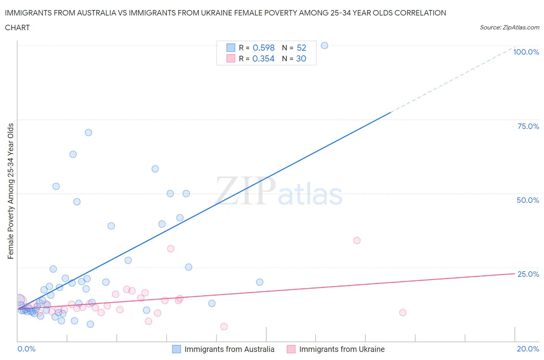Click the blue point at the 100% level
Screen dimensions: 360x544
[325, 45]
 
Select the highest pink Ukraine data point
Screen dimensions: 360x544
[357, 240]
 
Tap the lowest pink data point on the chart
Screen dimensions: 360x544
[224, 327]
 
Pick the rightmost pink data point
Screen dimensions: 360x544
[403, 312]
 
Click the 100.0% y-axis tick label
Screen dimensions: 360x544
[526, 52]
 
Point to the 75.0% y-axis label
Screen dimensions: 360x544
[528, 126]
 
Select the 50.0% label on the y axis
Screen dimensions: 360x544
[528, 200]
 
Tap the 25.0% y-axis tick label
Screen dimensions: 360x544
[528, 274]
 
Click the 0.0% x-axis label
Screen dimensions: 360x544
[27, 349]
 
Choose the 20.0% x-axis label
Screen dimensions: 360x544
[528, 349]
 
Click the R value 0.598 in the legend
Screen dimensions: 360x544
[263, 48]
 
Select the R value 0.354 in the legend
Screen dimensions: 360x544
[263, 58]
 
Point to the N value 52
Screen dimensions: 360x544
[301, 48]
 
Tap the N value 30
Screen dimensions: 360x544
[301, 58]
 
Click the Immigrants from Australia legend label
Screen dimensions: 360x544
[229, 349]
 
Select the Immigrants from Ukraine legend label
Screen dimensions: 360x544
[342, 349]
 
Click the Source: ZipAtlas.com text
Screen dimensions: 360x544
[509, 27]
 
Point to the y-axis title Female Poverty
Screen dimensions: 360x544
[10, 191]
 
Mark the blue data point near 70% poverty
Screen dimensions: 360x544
[89, 132]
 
